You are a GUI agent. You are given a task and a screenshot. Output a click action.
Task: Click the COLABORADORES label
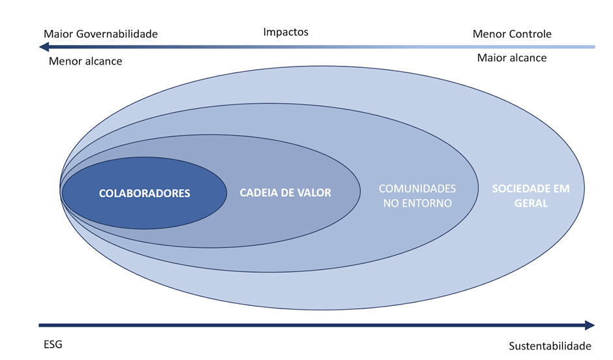click(144, 194)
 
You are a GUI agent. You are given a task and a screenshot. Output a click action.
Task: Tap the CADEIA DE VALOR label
click(286, 193)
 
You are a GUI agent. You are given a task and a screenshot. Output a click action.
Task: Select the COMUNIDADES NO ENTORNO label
click(417, 196)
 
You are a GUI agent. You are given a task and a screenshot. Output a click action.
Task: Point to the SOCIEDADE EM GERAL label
click(530, 196)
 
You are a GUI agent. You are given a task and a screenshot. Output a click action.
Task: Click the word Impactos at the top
click(286, 32)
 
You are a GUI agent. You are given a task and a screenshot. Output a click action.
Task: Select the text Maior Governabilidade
click(100, 34)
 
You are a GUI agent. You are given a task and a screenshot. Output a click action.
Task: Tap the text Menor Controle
click(512, 34)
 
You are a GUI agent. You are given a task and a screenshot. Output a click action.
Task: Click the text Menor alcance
click(85, 62)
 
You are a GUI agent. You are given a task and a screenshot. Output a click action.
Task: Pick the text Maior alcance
click(511, 58)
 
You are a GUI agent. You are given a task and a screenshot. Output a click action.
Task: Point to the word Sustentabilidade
click(549, 346)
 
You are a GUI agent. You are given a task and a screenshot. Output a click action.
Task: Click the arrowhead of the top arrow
click(44, 47)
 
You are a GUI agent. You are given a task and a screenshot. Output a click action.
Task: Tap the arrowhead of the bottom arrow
click(590, 325)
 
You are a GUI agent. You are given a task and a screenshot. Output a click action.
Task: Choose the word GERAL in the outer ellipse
click(530, 203)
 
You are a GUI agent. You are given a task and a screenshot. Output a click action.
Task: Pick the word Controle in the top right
click(529, 34)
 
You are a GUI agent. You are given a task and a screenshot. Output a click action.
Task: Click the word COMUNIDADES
click(417, 188)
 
